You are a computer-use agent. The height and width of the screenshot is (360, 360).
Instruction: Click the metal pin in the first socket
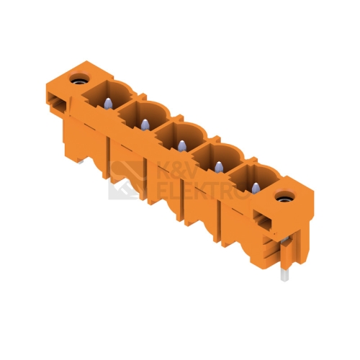(107, 103)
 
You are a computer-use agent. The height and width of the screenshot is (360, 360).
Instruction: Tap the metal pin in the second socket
(144, 125)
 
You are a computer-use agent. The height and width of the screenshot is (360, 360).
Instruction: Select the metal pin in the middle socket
(181, 146)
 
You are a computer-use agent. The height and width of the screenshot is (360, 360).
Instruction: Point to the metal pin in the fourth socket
(218, 167)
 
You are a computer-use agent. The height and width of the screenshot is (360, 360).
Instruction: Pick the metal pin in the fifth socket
(256, 188)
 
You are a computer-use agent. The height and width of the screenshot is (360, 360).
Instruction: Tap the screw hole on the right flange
(284, 196)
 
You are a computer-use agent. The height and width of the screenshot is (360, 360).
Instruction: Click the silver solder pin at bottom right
(284, 274)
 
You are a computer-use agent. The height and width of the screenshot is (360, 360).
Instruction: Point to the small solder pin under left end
(81, 162)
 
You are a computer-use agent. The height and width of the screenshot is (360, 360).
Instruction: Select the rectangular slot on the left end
(57, 103)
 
